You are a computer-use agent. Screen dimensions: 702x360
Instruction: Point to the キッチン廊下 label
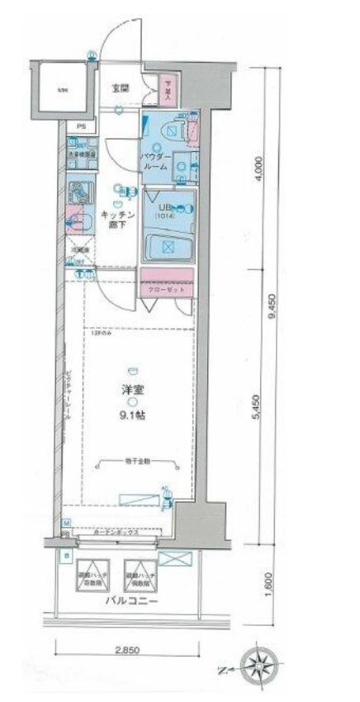pos(118,219)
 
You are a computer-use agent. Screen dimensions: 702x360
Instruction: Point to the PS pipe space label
pos(80,126)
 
